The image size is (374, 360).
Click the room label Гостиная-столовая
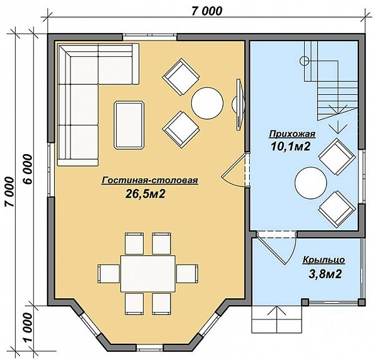tap(150, 180)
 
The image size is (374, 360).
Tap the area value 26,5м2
tap(145, 194)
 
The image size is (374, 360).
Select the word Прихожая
tap(292, 134)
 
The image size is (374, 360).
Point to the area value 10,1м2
tap(290, 147)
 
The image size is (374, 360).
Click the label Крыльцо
tap(323, 260)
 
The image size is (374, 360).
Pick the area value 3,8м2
tap(325, 274)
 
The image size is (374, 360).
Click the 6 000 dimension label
tap(27, 169)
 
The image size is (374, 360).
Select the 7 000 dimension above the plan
tap(207, 11)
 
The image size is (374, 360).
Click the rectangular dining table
tap(148, 273)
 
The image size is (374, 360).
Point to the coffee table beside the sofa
tap(129, 125)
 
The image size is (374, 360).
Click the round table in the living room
tap(207, 103)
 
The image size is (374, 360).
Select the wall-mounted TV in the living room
tap(239, 104)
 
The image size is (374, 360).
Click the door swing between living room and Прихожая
tap(234, 170)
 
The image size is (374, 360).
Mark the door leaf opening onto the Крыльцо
tap(272, 249)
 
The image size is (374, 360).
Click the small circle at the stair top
tap(304, 61)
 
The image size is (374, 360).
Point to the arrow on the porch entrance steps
tap(277, 319)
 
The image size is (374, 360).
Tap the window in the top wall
tap(150, 37)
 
